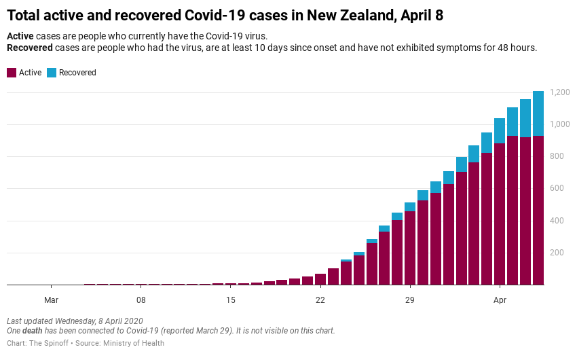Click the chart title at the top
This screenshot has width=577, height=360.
pyautogui.click(x=225, y=15)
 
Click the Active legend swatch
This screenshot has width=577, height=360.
pyautogui.click(x=12, y=73)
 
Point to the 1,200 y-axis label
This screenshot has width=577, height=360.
pyautogui.click(x=560, y=92)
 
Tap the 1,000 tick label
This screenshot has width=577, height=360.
pyautogui.click(x=560, y=124)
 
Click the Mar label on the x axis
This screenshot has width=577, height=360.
pyautogui.click(x=51, y=300)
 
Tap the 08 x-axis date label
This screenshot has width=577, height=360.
pyautogui.click(x=141, y=300)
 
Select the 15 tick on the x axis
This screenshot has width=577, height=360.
pyautogui.click(x=231, y=300)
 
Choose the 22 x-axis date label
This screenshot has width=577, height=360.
pyautogui.click(x=320, y=300)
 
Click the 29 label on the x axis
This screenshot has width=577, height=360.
pyautogui.click(x=410, y=300)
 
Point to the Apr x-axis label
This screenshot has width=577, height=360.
pyautogui.click(x=500, y=300)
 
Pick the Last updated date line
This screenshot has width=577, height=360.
pyautogui.click(x=75, y=321)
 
